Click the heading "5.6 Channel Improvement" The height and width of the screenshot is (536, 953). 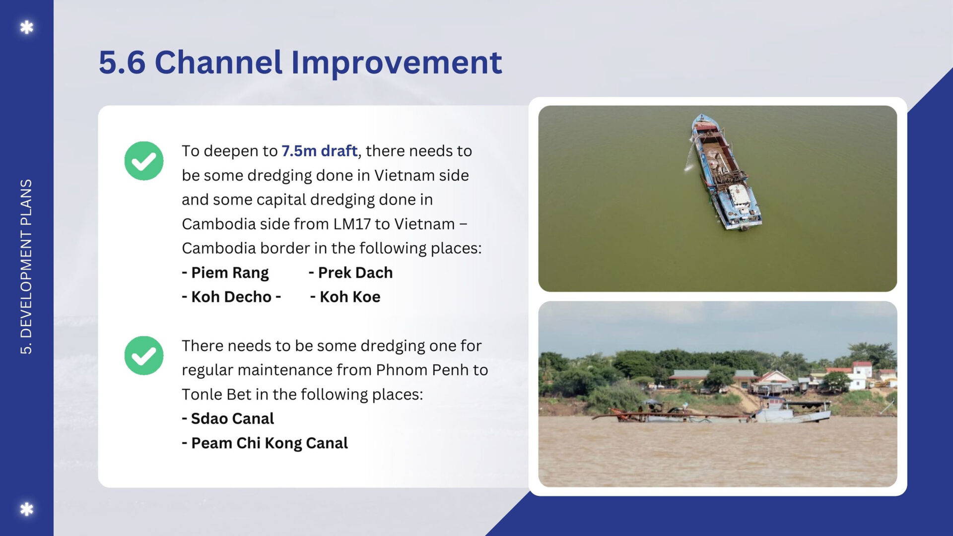coord(300,63)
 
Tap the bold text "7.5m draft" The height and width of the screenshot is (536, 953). coord(319,150)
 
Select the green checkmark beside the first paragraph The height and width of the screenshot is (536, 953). coord(144,161)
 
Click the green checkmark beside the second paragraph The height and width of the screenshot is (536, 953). coord(144,355)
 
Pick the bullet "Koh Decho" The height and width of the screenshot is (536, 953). coord(231,297)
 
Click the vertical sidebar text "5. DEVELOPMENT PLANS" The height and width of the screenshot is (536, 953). coord(26,267)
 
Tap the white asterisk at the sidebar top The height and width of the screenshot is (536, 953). coord(27,27)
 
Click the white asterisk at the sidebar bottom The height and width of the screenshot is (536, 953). coord(27,509)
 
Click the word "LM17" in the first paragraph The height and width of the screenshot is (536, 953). coord(352,224)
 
